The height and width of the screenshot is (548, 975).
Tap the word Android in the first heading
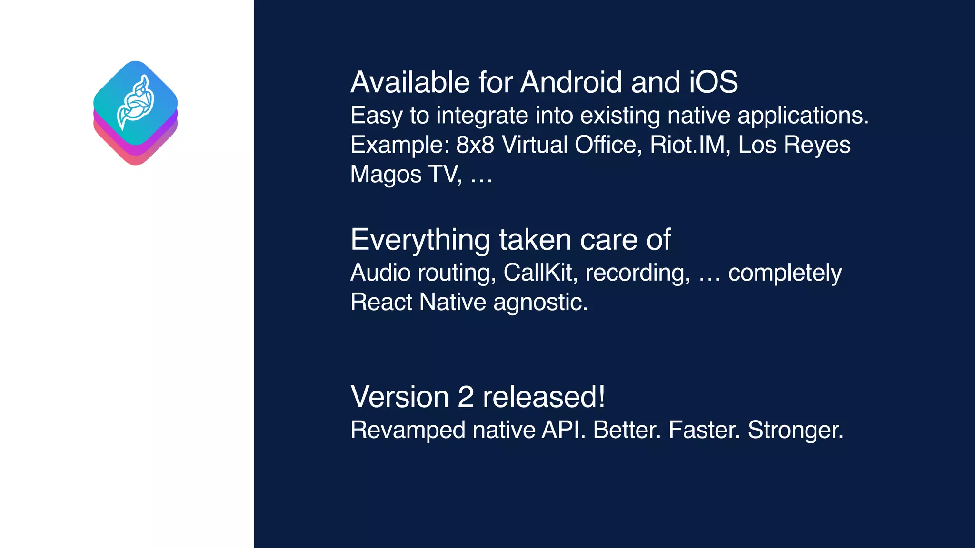point(571,82)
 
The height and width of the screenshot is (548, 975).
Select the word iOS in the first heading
point(713,82)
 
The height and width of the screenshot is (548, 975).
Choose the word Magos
point(386,175)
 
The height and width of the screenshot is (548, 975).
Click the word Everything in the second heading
point(420,240)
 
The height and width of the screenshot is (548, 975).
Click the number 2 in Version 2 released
point(465,397)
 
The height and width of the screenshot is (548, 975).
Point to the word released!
point(544,397)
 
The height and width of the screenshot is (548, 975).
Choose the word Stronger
point(796,431)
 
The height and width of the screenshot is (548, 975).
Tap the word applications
point(803,116)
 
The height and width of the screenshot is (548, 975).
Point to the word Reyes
point(817,146)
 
